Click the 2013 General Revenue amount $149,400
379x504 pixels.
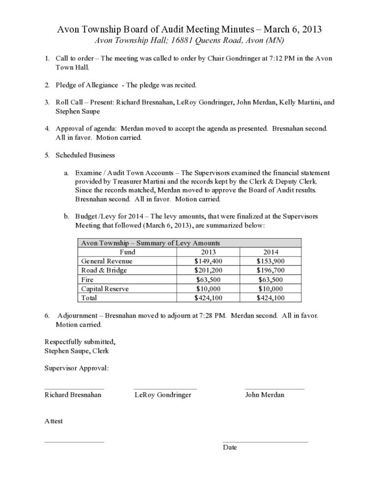pyautogui.click(x=208, y=261)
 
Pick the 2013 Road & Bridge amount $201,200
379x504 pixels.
pyautogui.click(x=208, y=271)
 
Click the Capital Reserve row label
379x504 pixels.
pyautogui.click(x=104, y=289)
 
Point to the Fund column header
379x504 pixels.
pyautogui.click(x=127, y=252)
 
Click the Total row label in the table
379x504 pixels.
pyautogui.click(x=89, y=298)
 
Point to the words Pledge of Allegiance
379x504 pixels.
pyautogui.click(x=87, y=85)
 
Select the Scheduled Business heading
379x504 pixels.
pyautogui.click(x=85, y=156)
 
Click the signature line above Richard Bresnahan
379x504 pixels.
pyautogui.click(x=74, y=389)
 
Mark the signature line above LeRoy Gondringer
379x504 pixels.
pyautogui.click(x=165, y=389)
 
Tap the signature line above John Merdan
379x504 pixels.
pyautogui.click(x=275, y=389)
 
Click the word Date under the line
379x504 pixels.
pyautogui.click(x=230, y=447)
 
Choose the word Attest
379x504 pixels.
pyautogui.click(x=54, y=421)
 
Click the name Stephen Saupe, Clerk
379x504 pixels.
pyautogui.click(x=76, y=351)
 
